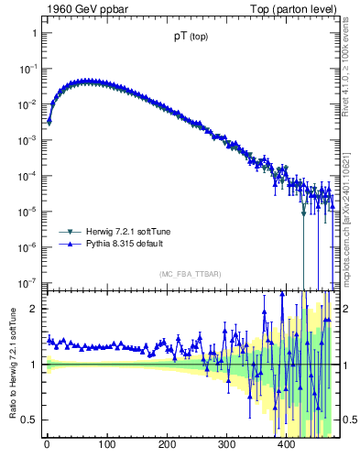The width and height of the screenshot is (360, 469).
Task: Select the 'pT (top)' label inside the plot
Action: pos(190,38)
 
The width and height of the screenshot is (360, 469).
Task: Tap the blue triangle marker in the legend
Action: pos(70,245)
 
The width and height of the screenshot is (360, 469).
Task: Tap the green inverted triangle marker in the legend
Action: pos(70,233)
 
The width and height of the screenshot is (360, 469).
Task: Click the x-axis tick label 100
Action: pos(106,445)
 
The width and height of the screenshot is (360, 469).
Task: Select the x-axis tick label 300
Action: pos(226,445)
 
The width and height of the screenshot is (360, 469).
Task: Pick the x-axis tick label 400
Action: pos(286,445)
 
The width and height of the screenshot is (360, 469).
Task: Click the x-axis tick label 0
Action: pos(47,445)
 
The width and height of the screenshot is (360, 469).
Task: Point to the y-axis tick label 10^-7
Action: pos(27,283)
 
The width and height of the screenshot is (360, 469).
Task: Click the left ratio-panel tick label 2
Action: pos(34,309)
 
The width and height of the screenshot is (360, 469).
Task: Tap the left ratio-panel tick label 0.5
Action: pos(29,420)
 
